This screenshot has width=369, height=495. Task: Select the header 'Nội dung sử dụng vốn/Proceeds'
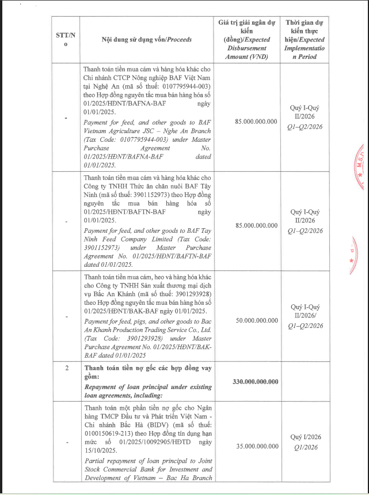tap(147, 40)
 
